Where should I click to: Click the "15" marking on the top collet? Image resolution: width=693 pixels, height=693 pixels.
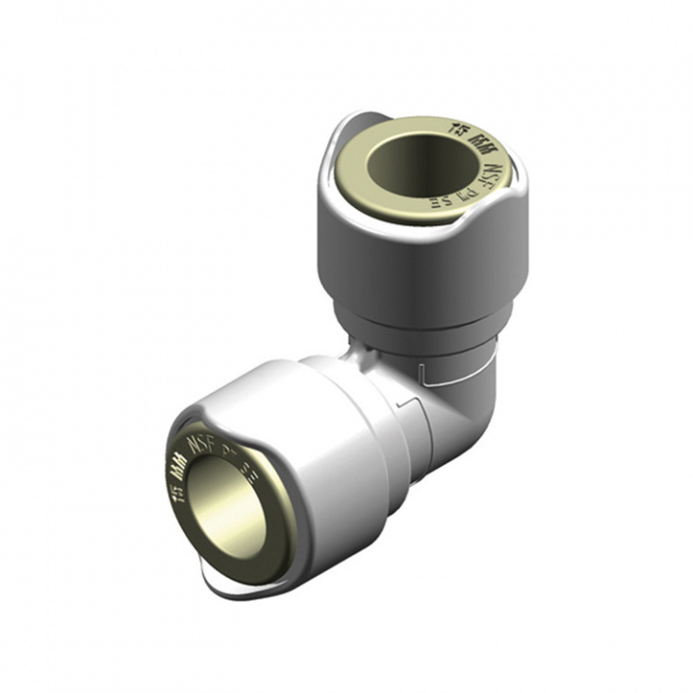pyautogui.click(x=455, y=124)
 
